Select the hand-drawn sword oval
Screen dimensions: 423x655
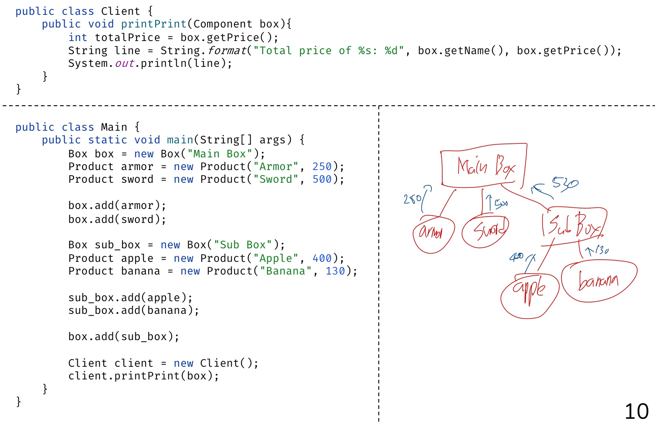point(485,231)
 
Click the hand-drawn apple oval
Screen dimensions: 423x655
point(529,294)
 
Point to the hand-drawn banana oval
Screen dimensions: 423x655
point(598,281)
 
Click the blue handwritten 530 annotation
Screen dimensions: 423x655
point(565,184)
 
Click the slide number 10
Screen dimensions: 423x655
point(636,411)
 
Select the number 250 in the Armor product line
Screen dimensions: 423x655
point(322,167)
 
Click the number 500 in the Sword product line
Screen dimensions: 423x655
point(322,179)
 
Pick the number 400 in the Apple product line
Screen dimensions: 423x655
point(322,258)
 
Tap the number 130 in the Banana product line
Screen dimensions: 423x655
point(335,271)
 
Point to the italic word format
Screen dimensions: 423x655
point(227,51)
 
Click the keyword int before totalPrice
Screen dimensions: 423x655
point(78,38)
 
